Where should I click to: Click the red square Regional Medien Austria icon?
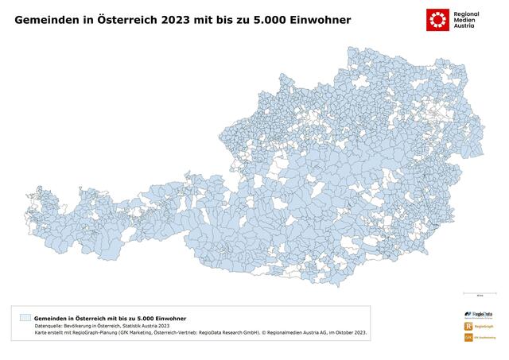[436, 19]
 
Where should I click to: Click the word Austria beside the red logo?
[462, 26]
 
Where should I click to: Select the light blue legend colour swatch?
[25, 318]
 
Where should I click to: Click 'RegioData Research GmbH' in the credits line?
[227, 334]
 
